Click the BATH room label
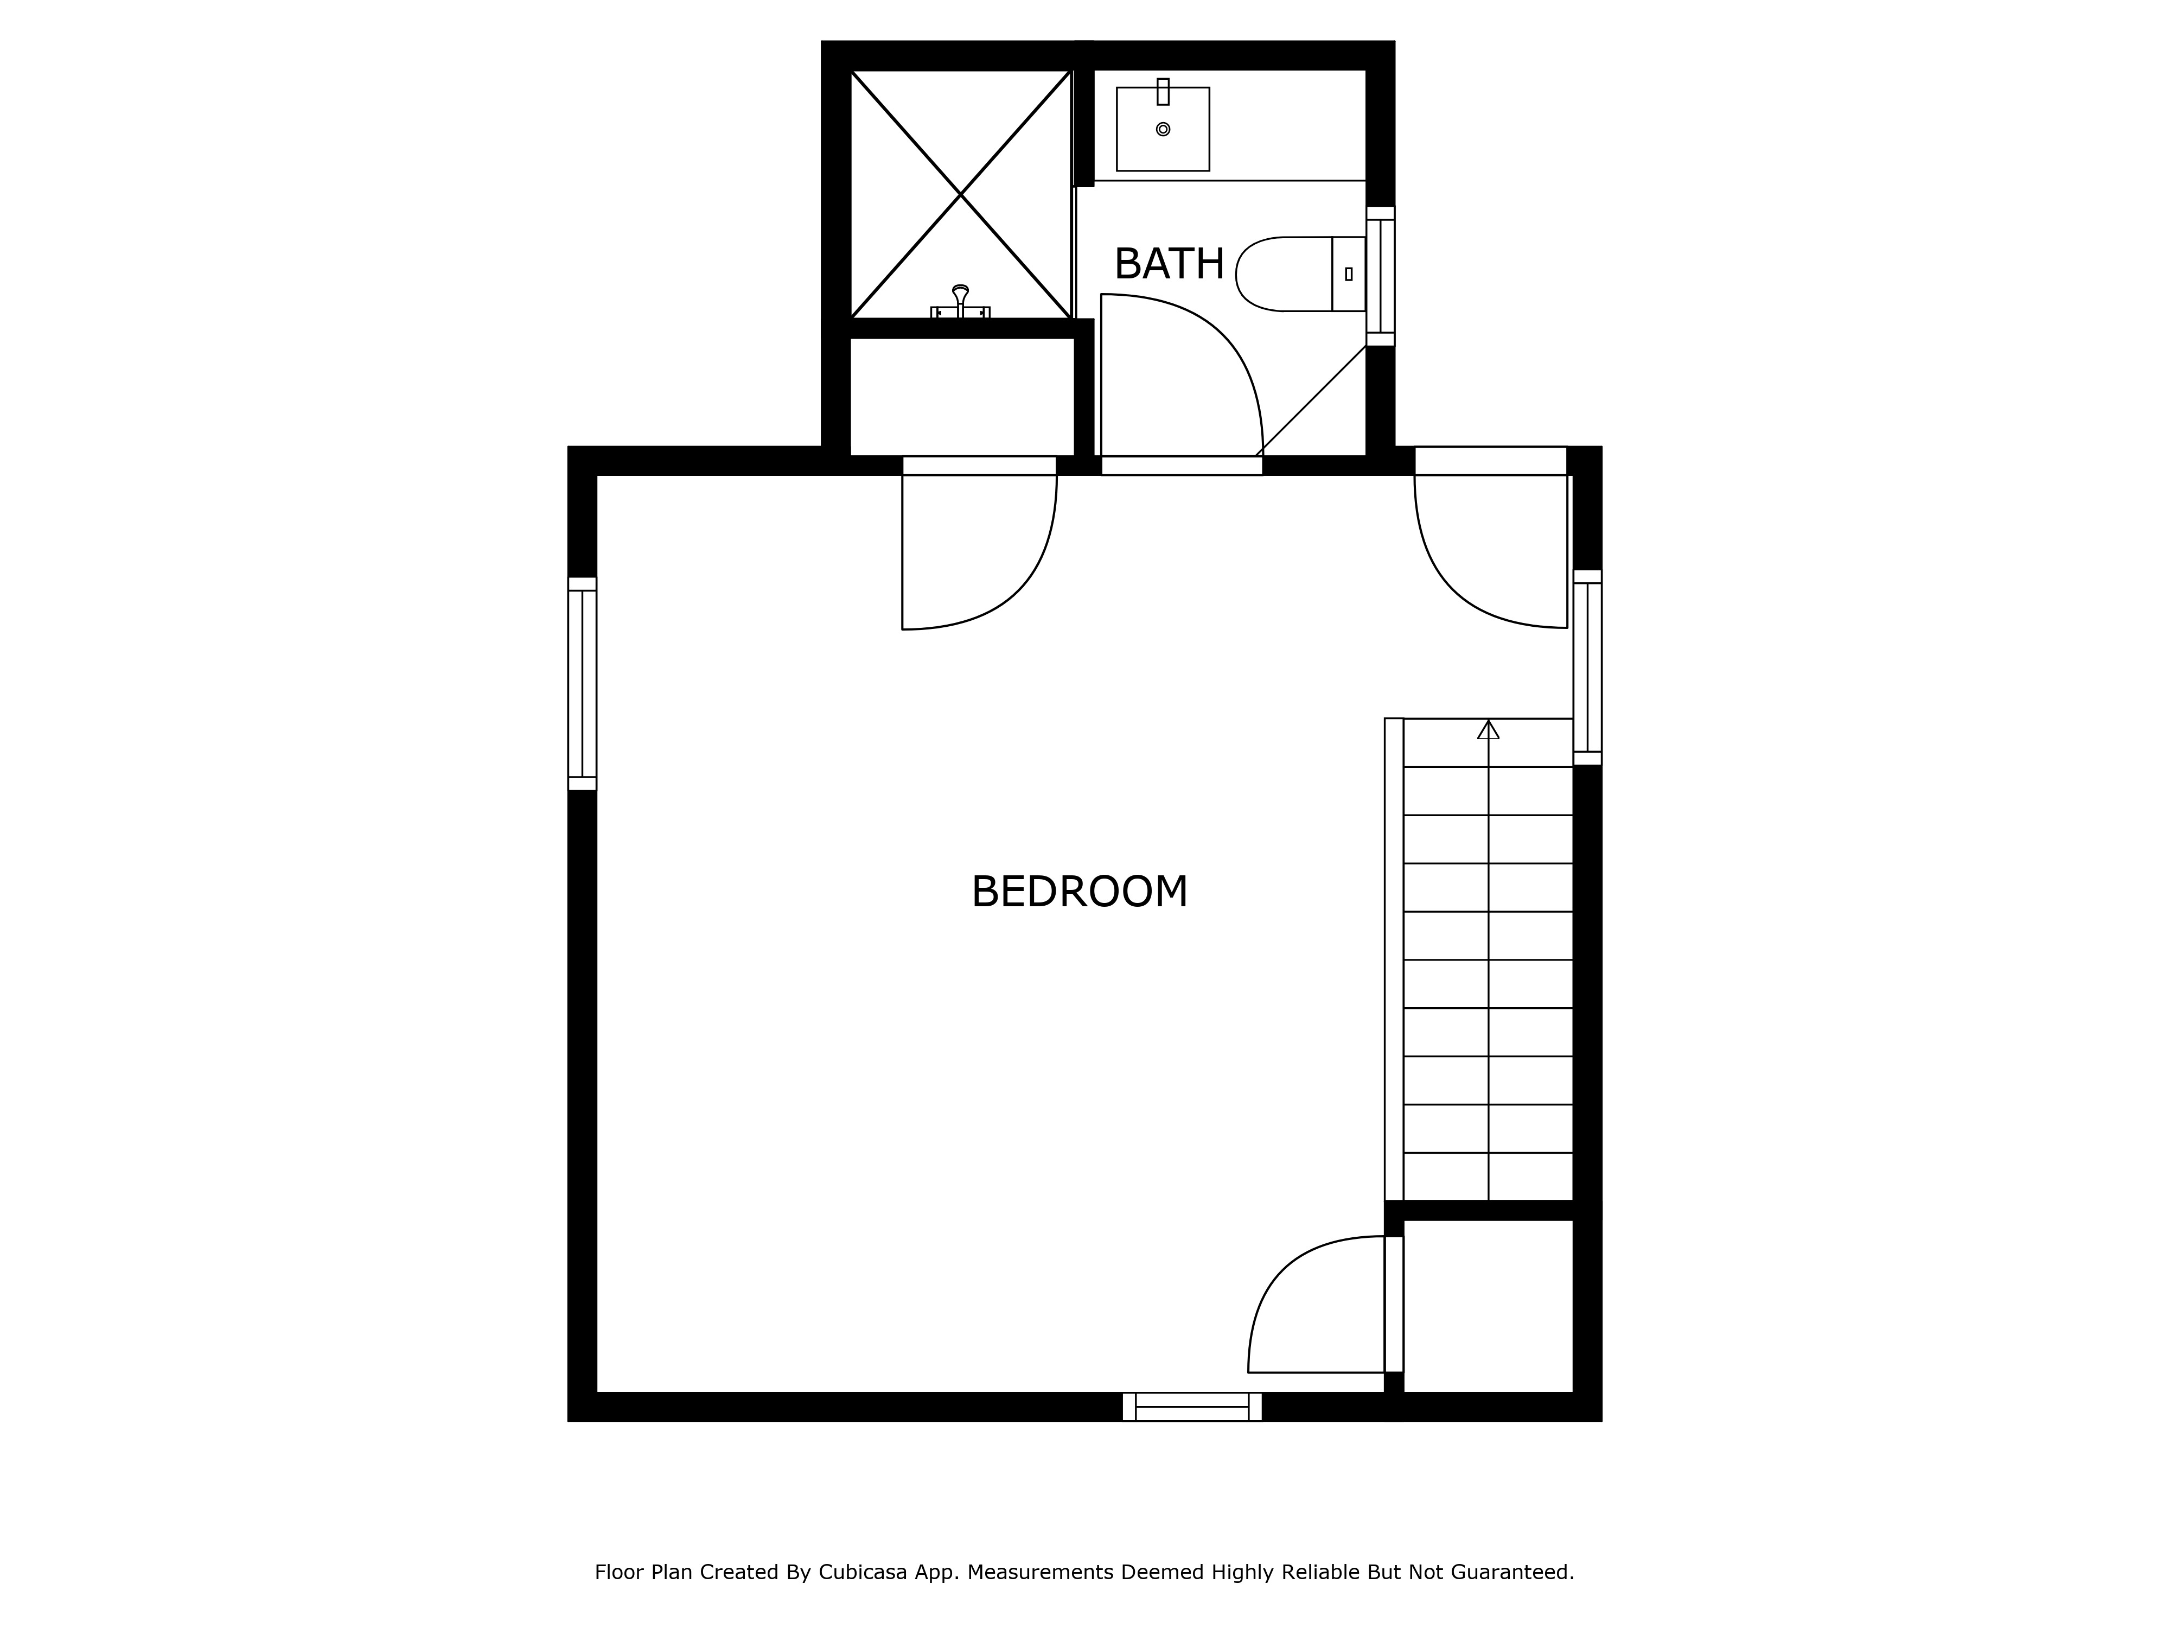pos(1169,264)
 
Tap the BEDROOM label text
pos(1079,892)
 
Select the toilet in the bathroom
pos(1300,274)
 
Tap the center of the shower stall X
pos(960,195)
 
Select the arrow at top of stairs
pos(1488,729)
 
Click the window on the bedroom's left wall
pos(582,683)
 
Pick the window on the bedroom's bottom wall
pos(1192,1406)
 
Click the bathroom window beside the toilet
pos(1380,276)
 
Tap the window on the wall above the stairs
pos(1587,667)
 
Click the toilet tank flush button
pos(1349,275)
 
